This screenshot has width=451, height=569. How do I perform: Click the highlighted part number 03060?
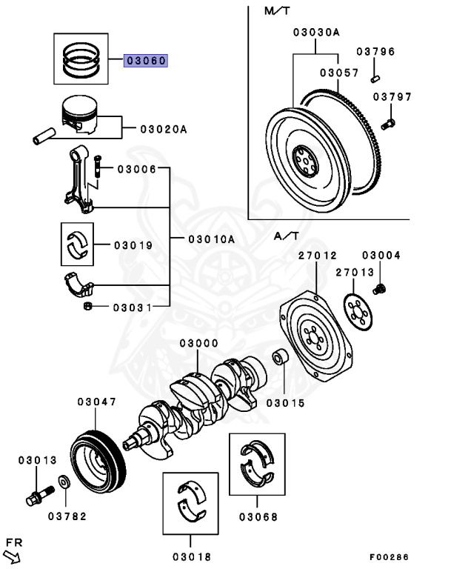(147, 61)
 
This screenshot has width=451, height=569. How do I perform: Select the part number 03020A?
(164, 130)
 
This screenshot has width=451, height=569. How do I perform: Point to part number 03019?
(133, 244)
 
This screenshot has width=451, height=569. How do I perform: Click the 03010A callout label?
(210, 239)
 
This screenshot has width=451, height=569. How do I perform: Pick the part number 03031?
(133, 307)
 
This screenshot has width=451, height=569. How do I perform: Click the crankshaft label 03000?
(198, 344)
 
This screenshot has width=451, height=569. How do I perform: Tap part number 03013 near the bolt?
(37, 460)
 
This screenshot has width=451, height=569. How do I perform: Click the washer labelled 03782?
(67, 515)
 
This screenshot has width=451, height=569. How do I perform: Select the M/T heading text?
(275, 12)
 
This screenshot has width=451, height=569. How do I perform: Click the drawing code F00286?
(389, 556)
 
